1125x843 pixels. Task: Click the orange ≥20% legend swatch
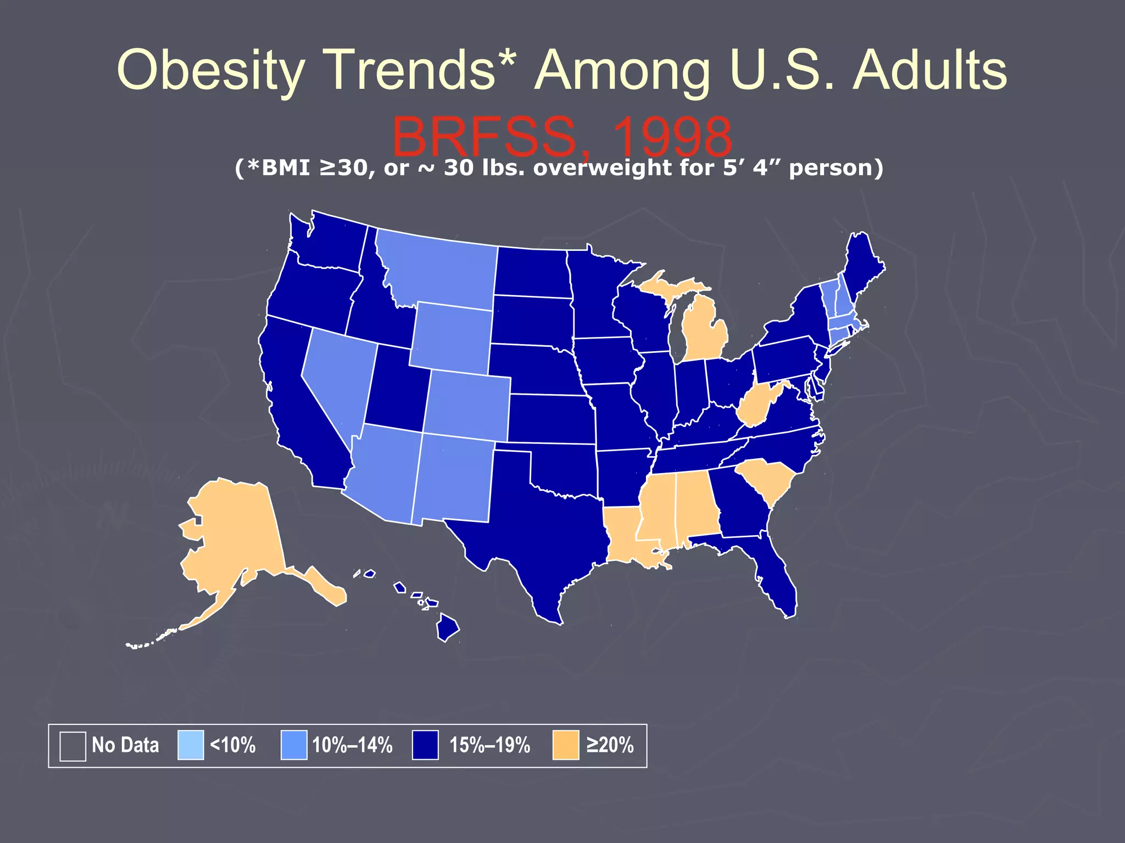coord(565,745)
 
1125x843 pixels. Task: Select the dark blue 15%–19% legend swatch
coord(425,745)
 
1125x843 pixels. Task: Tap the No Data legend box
coord(73,746)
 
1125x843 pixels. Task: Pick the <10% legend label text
coord(233,745)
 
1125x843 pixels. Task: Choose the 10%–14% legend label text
coord(352,745)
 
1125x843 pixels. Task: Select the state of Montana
coord(439,269)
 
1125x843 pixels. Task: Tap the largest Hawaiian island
coord(447,628)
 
